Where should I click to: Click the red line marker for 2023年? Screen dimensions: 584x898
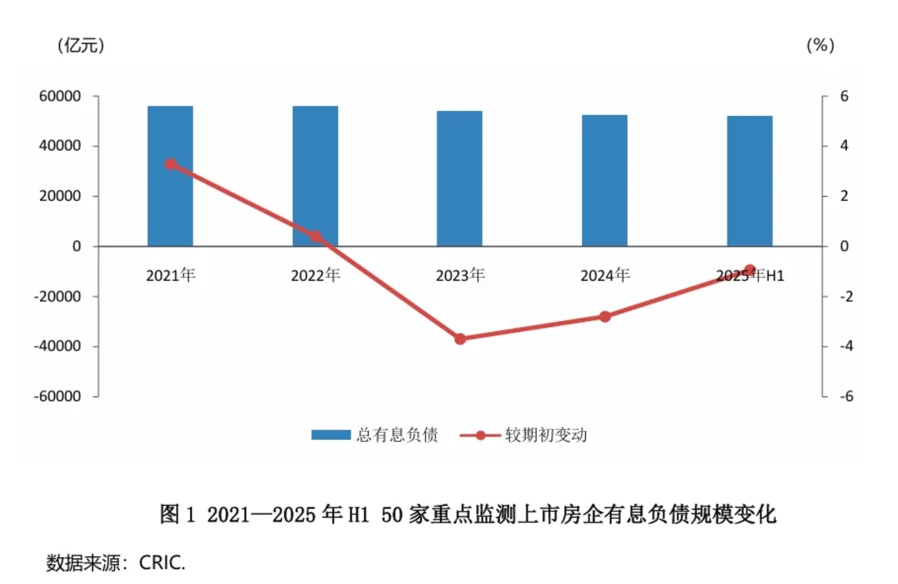click(460, 339)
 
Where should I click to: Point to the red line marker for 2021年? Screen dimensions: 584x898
click(171, 164)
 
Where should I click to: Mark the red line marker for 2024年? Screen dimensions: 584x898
click(605, 317)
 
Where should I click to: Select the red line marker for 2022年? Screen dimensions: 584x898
click(315, 236)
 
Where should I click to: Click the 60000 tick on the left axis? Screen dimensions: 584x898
click(60, 96)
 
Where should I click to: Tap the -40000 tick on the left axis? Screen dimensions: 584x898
click(58, 346)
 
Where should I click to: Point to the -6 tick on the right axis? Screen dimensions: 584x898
click(846, 396)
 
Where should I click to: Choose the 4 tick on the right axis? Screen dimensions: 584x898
click(844, 146)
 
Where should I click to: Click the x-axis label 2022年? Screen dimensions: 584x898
click(315, 275)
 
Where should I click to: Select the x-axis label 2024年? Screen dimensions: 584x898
click(605, 275)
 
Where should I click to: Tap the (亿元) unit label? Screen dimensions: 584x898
click(81, 45)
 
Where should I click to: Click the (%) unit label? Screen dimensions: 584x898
click(820, 45)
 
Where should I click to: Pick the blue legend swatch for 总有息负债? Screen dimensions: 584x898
click(331, 435)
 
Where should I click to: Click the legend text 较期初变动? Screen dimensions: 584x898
click(546, 435)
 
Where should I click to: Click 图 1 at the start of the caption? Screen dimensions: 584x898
click(177, 514)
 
